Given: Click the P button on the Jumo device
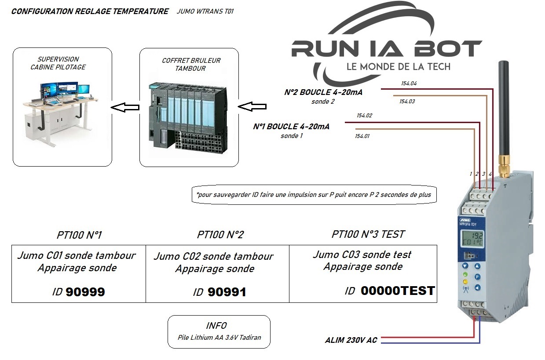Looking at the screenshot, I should tap(478, 277).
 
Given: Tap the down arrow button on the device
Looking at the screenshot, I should tap(465, 266).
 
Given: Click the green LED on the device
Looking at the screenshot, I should tap(465, 274).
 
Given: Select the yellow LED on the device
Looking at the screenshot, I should tap(465, 281).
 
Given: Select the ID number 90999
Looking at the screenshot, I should tap(85, 292).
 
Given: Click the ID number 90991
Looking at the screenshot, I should tap(227, 292).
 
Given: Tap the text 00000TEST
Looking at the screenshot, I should tap(398, 291).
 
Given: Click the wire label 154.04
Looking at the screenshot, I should tap(409, 83).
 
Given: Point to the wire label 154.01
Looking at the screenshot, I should tap(362, 136).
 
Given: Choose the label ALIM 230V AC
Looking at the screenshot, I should tap(351, 340).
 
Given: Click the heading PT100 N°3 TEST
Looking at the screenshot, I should tap(368, 234).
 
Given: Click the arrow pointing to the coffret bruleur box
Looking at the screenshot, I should tap(252, 107).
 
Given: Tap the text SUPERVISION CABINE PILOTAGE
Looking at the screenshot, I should tap(58, 63).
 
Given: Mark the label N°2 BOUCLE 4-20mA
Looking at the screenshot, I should tap(326, 92).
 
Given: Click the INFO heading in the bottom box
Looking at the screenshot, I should tap(216, 326).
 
